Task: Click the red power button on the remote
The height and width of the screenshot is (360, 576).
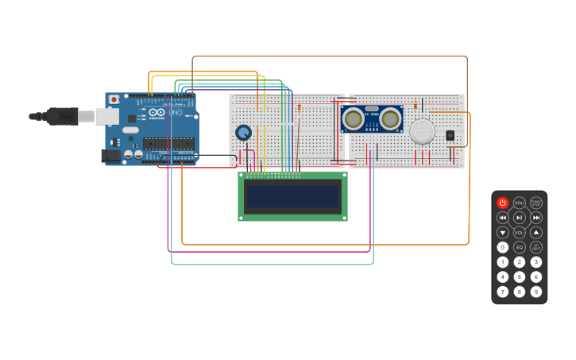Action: (x=502, y=203)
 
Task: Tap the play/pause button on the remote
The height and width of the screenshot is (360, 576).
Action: (x=519, y=217)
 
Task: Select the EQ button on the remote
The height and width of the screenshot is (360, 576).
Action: (x=519, y=247)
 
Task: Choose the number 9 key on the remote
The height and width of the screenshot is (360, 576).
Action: (x=536, y=292)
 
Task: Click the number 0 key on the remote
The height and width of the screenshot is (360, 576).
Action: (x=502, y=247)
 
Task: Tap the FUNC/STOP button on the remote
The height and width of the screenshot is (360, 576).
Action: (x=536, y=203)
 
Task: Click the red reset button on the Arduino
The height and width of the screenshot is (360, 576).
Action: (x=114, y=99)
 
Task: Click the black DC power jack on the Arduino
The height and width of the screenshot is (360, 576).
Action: (x=110, y=156)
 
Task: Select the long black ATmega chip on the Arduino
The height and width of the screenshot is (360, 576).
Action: (x=168, y=144)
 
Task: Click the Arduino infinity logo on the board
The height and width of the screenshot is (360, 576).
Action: (x=157, y=113)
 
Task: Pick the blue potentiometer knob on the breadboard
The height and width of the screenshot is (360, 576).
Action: (x=243, y=133)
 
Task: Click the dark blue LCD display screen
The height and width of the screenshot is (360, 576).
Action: (x=292, y=196)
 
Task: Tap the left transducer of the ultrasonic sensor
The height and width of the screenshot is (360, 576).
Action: (x=354, y=118)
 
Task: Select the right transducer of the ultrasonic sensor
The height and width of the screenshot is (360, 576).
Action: (x=389, y=118)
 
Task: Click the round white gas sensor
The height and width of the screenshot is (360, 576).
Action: (x=422, y=131)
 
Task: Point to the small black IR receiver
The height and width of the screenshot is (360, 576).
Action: (x=450, y=135)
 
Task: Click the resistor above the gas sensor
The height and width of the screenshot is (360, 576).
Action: (x=415, y=105)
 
